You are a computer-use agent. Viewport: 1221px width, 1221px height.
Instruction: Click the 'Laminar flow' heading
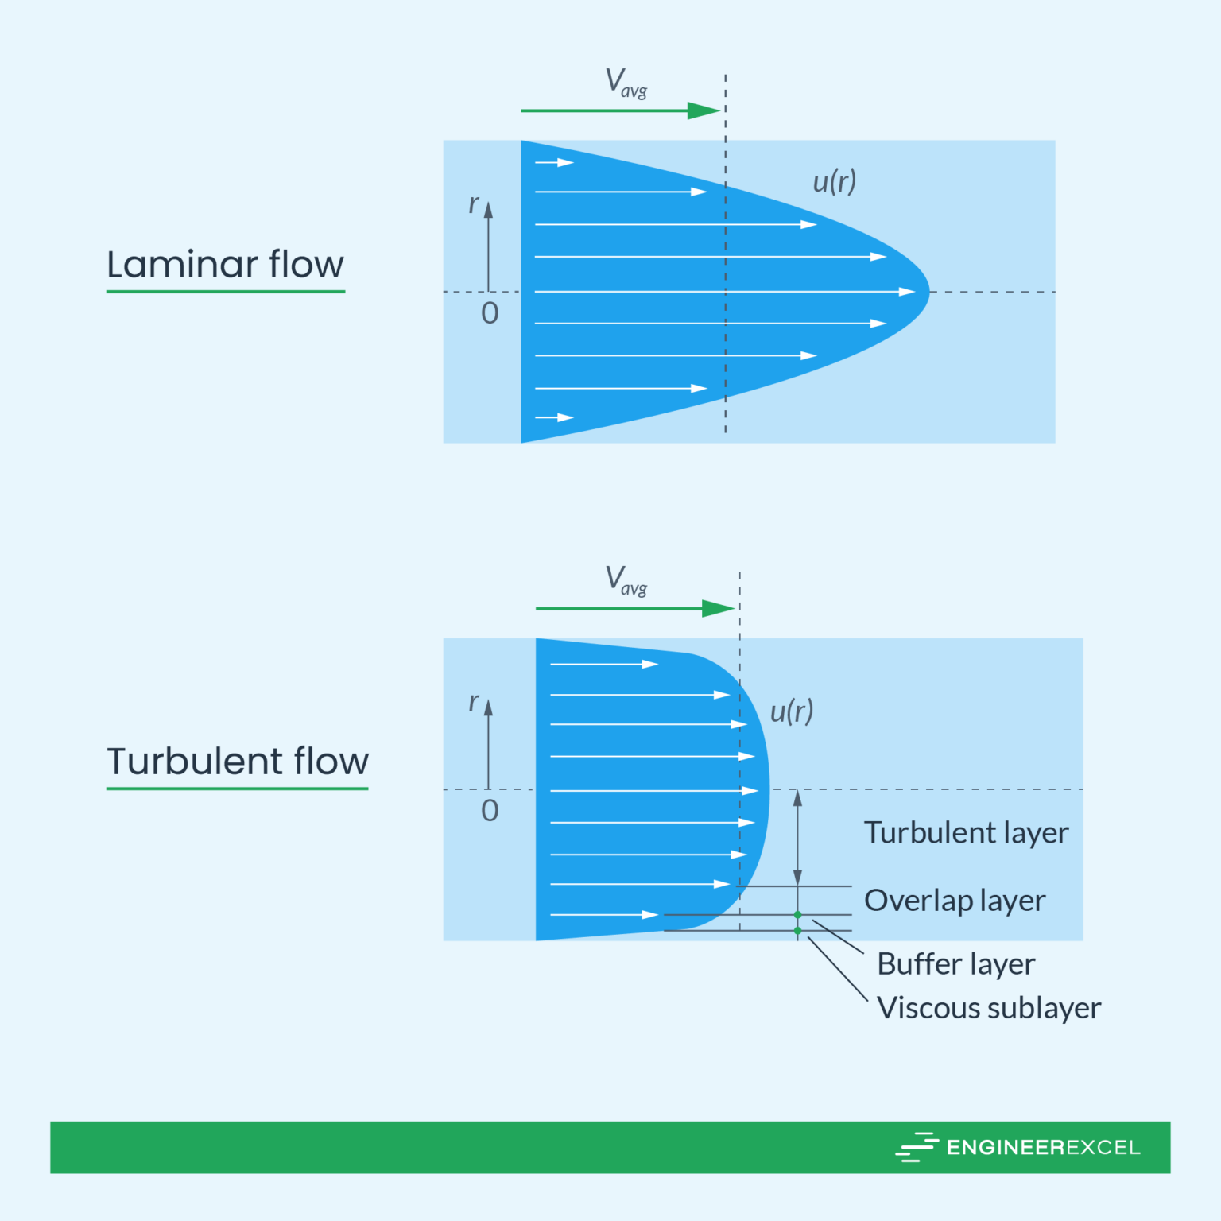coord(225,265)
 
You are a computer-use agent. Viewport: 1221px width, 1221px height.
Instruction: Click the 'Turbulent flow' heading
coord(238,762)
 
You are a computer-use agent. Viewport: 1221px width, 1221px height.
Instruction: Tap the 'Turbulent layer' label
coord(966,833)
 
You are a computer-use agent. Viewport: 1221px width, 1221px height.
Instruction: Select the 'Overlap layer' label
coord(954,901)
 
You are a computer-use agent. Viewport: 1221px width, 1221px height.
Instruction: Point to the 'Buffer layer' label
coord(955,964)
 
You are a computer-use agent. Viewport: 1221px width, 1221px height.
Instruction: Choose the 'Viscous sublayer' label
coord(988,1008)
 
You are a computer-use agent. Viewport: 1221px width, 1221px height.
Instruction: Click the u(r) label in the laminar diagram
coord(834,182)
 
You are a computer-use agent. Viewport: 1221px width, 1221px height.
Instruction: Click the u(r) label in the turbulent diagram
coord(792,711)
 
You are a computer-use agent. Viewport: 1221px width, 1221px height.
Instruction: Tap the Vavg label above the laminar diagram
coord(626,83)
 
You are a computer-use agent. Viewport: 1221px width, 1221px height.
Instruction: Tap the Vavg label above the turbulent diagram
coord(626,580)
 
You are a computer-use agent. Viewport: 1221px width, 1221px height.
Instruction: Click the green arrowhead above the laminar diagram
coord(704,110)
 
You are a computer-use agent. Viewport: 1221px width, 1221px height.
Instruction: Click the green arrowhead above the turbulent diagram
coord(718,609)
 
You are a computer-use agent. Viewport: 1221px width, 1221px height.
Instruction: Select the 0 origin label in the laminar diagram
coord(490,313)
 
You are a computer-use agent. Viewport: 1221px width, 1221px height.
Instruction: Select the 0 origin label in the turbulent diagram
coord(490,811)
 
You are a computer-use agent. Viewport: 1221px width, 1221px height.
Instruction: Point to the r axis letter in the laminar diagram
coord(473,204)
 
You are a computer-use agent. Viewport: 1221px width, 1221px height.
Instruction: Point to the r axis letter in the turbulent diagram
coord(473,702)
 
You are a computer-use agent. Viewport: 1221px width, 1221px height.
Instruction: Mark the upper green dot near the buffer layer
coord(798,915)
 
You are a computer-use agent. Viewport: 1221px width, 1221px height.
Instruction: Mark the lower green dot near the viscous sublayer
coord(798,931)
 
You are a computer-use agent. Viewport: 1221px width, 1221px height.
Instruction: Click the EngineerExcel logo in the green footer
coord(1018,1147)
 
